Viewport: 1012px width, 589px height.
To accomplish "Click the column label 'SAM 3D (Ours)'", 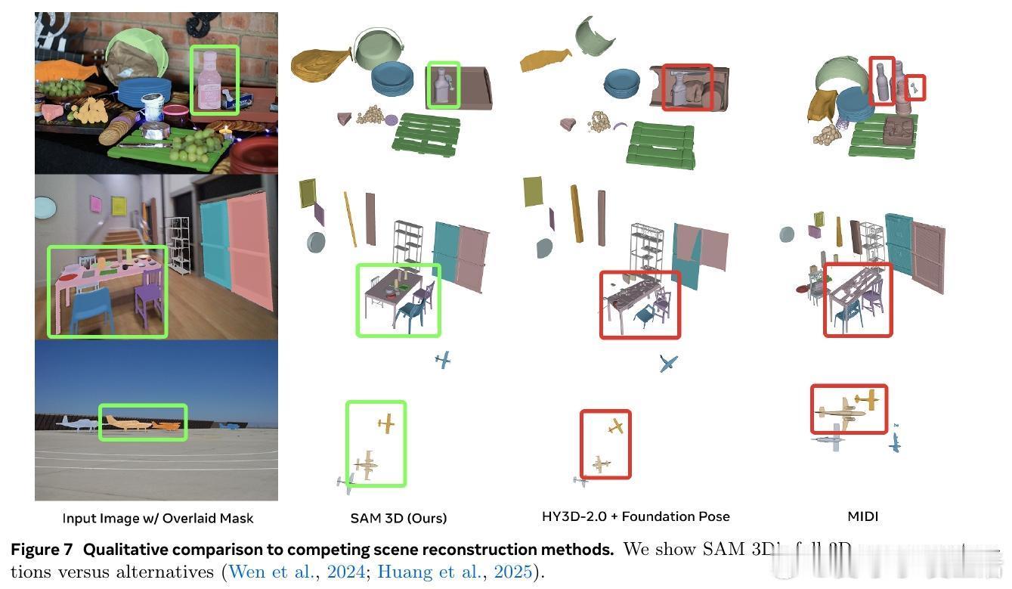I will pyautogui.click(x=398, y=518).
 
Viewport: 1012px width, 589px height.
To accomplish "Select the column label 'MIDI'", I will pyautogui.click(x=862, y=516).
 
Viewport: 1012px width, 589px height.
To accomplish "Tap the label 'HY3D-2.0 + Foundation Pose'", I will pyautogui.click(x=636, y=516).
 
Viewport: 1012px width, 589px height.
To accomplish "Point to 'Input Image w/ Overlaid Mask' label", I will pyautogui.click(x=157, y=518).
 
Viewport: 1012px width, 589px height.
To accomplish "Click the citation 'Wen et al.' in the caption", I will pyautogui.click(x=271, y=572).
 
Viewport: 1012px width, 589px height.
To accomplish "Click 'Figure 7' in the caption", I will pyautogui.click(x=42, y=550).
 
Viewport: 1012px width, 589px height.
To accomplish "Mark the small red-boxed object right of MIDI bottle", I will pyautogui.click(x=915, y=88).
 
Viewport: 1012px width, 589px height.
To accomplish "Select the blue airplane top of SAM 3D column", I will pyautogui.click(x=443, y=360).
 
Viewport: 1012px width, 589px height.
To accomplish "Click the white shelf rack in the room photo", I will pyautogui.click(x=178, y=242).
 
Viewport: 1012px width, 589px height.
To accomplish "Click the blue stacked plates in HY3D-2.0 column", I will pyautogui.click(x=621, y=83).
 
